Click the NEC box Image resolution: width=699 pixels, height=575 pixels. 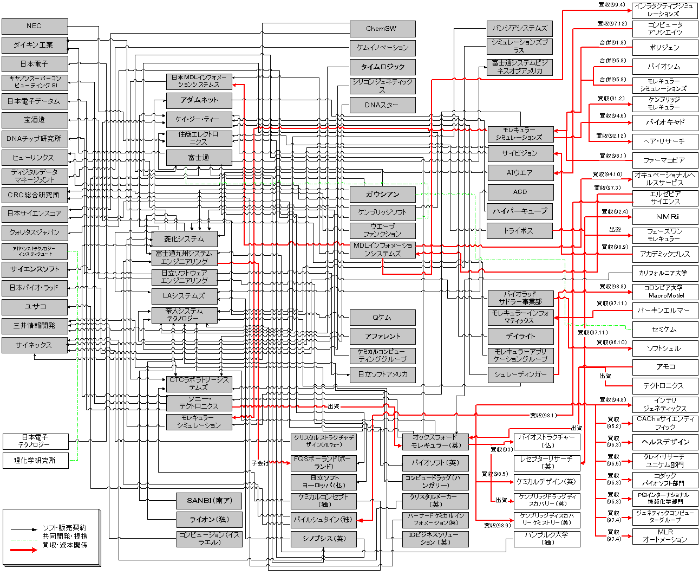tap(35, 26)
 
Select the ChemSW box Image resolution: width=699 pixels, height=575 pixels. tap(382, 29)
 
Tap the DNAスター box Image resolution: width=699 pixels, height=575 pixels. tap(382, 105)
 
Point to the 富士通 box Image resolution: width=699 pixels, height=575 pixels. tap(199, 158)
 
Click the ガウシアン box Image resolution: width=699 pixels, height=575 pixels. tap(382, 194)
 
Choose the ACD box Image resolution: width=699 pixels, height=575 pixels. tap(520, 192)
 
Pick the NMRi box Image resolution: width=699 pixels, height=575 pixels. tap(665, 216)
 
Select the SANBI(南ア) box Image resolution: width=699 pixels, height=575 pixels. tap(209, 500)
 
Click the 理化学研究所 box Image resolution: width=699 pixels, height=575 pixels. tap(35, 461)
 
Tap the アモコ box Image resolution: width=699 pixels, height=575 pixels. tap(665, 366)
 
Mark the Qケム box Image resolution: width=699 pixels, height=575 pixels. tap(382, 318)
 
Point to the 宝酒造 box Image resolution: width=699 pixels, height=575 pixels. tap(35, 120)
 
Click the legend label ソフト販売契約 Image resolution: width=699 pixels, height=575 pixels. tap(64, 527)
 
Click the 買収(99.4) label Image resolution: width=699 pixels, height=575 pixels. tap(611, 5)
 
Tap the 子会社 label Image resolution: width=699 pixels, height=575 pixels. tap(260, 463)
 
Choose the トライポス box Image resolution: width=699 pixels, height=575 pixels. tap(520, 230)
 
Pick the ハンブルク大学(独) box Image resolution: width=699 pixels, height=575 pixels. tap(546, 538)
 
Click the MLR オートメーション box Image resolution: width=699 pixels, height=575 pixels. tap(665, 536)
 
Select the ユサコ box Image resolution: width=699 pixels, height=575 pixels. tap(35, 307)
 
